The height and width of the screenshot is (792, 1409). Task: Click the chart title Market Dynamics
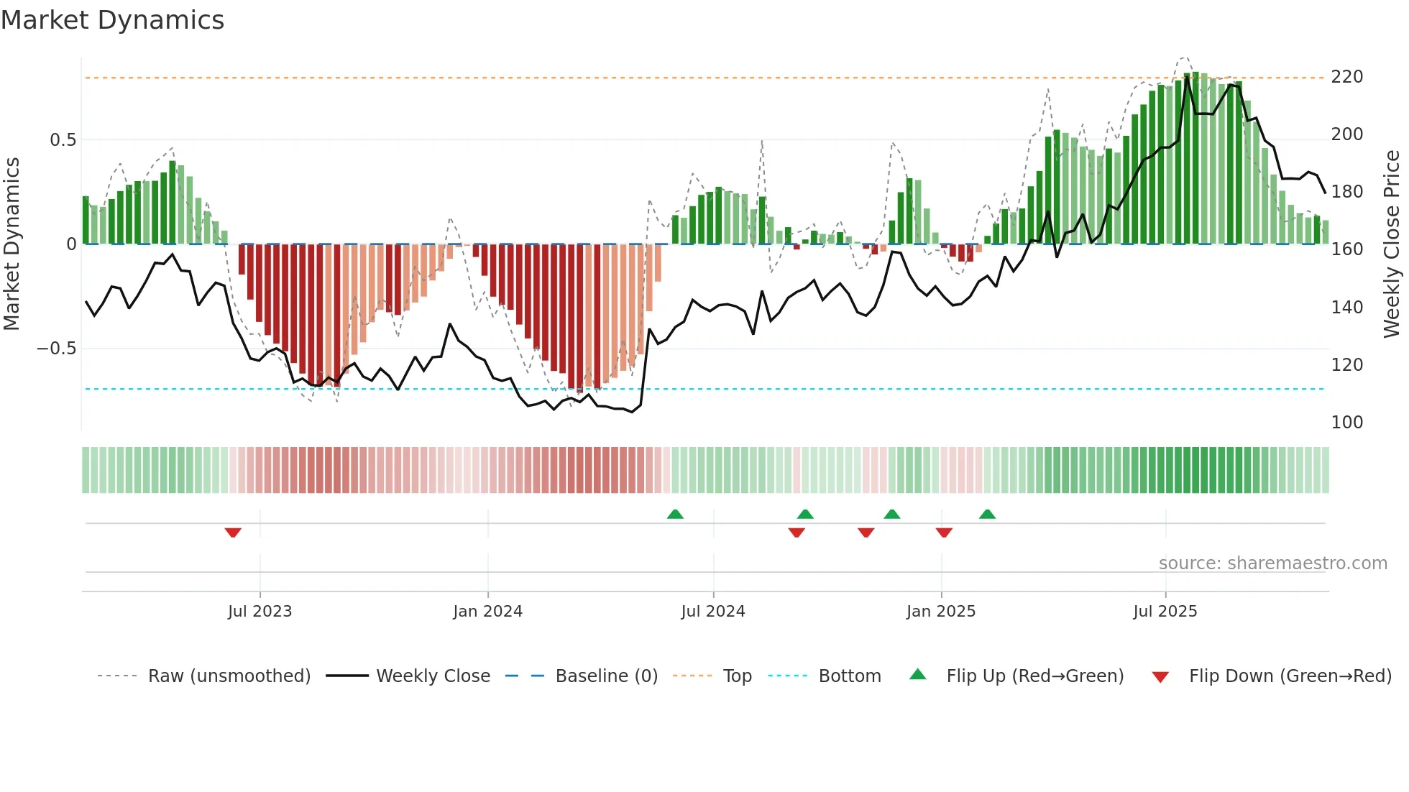113,20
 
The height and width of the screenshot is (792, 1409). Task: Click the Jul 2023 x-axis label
260,612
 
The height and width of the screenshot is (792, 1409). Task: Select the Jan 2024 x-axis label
487,612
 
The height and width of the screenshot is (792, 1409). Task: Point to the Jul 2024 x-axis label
712,612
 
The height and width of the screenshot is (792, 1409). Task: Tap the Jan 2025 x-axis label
940,612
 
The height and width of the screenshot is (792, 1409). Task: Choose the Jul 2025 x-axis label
1165,612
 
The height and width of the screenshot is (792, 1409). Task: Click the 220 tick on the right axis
1346,77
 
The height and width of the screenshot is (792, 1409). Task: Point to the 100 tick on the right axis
1346,423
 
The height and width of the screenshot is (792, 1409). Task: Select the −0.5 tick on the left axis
56,349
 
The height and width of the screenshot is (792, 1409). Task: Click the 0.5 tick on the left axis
63,140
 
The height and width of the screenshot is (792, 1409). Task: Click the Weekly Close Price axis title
1392,244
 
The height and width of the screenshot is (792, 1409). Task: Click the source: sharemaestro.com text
1272,563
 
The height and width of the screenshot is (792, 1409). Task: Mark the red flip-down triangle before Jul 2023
233,533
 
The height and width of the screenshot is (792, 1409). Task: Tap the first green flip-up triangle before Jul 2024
675,514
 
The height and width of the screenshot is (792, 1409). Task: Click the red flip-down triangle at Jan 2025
944,533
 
